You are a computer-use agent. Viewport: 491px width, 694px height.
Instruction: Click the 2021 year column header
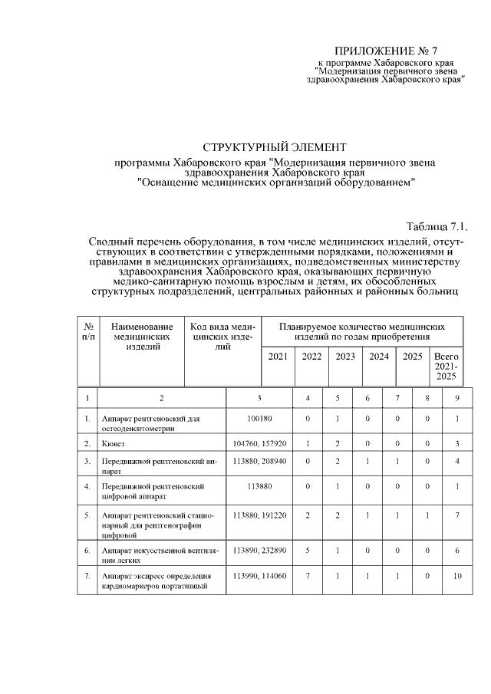pos(278,357)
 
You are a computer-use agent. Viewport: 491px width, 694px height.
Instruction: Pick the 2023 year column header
pos(345,357)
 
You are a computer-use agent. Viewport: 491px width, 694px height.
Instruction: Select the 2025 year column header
pos(413,357)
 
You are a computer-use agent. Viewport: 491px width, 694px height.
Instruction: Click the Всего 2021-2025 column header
pos(446,367)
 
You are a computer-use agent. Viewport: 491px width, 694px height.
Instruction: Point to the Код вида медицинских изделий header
pos(222,337)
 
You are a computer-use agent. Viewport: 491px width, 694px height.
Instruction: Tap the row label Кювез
pos(114,443)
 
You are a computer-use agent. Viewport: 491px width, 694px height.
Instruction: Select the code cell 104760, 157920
pos(259,443)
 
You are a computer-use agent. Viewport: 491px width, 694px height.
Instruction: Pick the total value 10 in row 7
pos(457,575)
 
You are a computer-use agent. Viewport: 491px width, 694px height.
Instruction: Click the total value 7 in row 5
pos(457,515)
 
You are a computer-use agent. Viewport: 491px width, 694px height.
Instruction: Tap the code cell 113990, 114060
pos(259,575)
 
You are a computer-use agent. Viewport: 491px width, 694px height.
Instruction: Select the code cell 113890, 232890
pos(259,549)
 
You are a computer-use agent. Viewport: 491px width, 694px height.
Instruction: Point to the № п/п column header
pos(88,331)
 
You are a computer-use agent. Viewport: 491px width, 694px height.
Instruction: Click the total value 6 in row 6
pos(457,549)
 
